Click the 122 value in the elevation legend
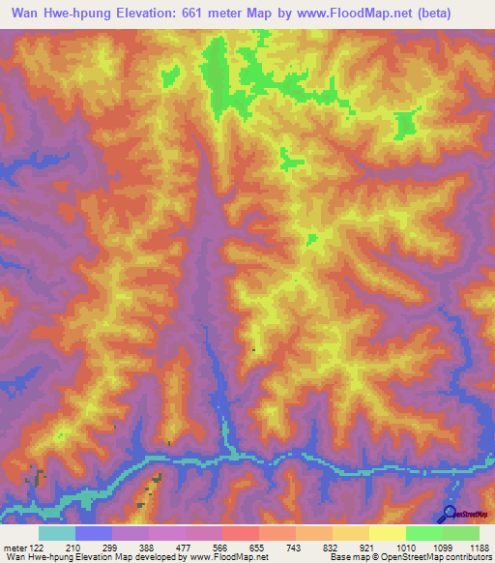[38, 547]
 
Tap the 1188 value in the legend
[480, 547]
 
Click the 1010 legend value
[405, 547]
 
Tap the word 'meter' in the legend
[13, 547]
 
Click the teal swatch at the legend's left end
[56, 533]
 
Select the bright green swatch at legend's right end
[461, 533]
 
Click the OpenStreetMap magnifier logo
[449, 514]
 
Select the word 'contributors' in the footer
[469, 557]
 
